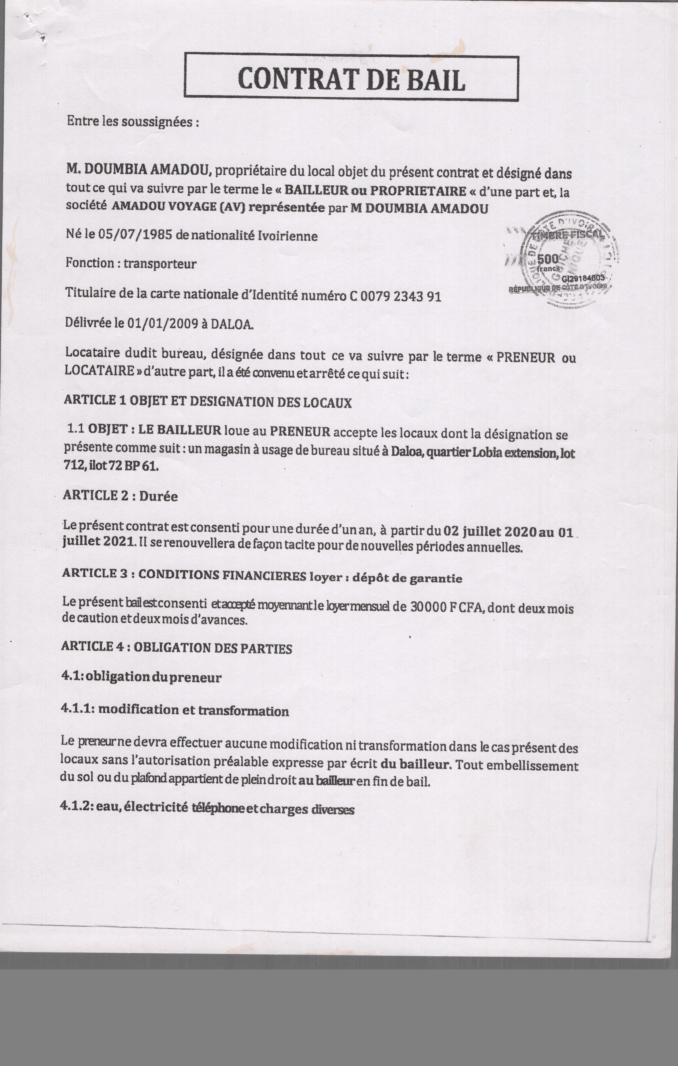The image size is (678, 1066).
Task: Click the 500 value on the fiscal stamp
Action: coord(548,259)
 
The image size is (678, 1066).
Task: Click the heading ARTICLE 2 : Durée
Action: coord(120,496)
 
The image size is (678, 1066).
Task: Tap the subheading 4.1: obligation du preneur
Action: coord(141,677)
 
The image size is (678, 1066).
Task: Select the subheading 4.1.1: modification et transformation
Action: coord(175,711)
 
